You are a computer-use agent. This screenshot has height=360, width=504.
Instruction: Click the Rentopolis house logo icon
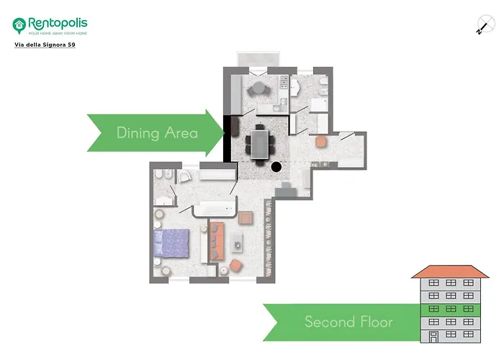pyautogui.click(x=19, y=25)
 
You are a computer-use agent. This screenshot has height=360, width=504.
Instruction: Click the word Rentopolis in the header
pyautogui.click(x=58, y=22)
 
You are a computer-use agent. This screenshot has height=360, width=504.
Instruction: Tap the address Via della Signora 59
pyautogui.click(x=45, y=45)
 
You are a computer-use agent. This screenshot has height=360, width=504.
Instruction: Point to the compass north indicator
pyautogui.click(x=482, y=25)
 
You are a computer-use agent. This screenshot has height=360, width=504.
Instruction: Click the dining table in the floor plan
pyautogui.click(x=260, y=142)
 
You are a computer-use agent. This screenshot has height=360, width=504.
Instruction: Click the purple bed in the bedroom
pyautogui.click(x=172, y=243)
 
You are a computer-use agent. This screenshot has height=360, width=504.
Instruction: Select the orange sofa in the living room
pyautogui.click(x=217, y=242)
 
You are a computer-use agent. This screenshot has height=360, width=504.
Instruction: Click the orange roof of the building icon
pyautogui.click(x=449, y=271)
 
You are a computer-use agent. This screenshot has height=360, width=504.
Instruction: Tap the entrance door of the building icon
pyautogui.click(x=433, y=336)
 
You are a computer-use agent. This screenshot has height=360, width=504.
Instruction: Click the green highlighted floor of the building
pyautogui.click(x=449, y=309)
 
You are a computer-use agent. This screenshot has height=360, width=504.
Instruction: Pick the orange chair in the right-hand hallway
pyautogui.click(x=321, y=142)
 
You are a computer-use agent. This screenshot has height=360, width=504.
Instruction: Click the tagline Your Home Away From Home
pyautogui.click(x=58, y=33)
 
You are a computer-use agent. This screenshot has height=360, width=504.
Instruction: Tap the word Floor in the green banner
pyautogui.click(x=374, y=321)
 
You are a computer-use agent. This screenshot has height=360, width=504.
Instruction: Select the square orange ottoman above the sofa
pyautogui.click(x=246, y=217)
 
